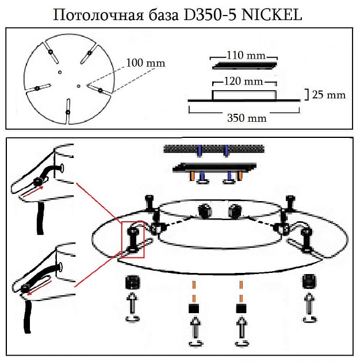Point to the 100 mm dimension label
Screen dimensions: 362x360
tap(146, 62)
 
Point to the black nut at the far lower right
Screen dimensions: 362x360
tap(311, 282)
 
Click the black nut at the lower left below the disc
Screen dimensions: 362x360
tap(133, 282)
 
